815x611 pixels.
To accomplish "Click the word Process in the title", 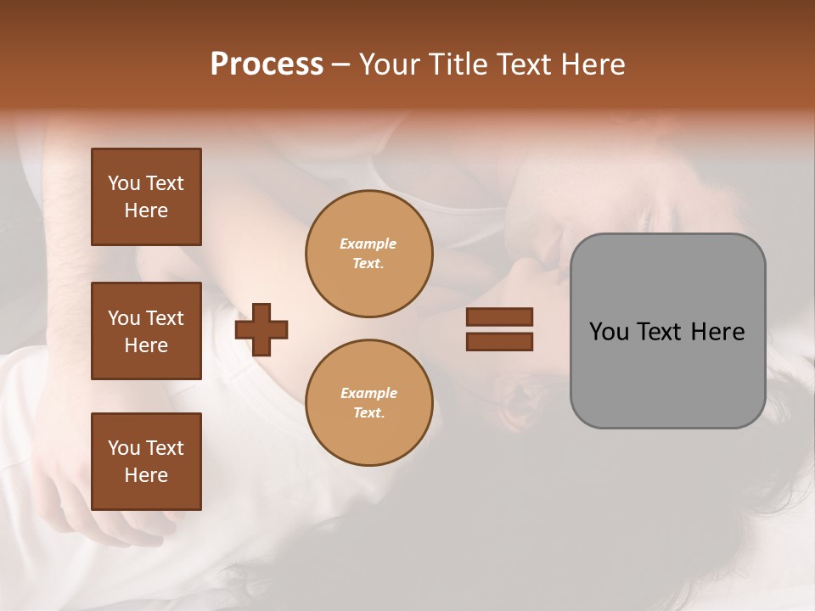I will (x=267, y=64).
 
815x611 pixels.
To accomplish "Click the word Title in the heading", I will (x=458, y=64).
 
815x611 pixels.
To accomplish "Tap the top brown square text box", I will (x=146, y=197).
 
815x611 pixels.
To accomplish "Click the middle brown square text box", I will (x=146, y=331).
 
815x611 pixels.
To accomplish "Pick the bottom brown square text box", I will (x=146, y=462).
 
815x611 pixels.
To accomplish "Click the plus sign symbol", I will (x=261, y=329).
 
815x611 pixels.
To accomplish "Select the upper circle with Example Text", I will (x=369, y=254).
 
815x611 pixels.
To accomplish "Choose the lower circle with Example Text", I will (x=369, y=403).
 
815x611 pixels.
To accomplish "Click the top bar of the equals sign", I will (x=499, y=317).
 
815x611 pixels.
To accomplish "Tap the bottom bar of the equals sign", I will (x=499, y=342).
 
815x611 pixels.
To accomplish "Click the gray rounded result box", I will (x=667, y=373).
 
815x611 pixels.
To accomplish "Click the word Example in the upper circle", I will (x=368, y=244).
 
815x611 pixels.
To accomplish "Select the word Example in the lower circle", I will (x=368, y=393).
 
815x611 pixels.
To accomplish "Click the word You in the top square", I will (x=124, y=183).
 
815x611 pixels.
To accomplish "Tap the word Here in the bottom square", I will (x=146, y=475).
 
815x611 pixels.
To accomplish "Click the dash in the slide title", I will (x=340, y=64).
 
